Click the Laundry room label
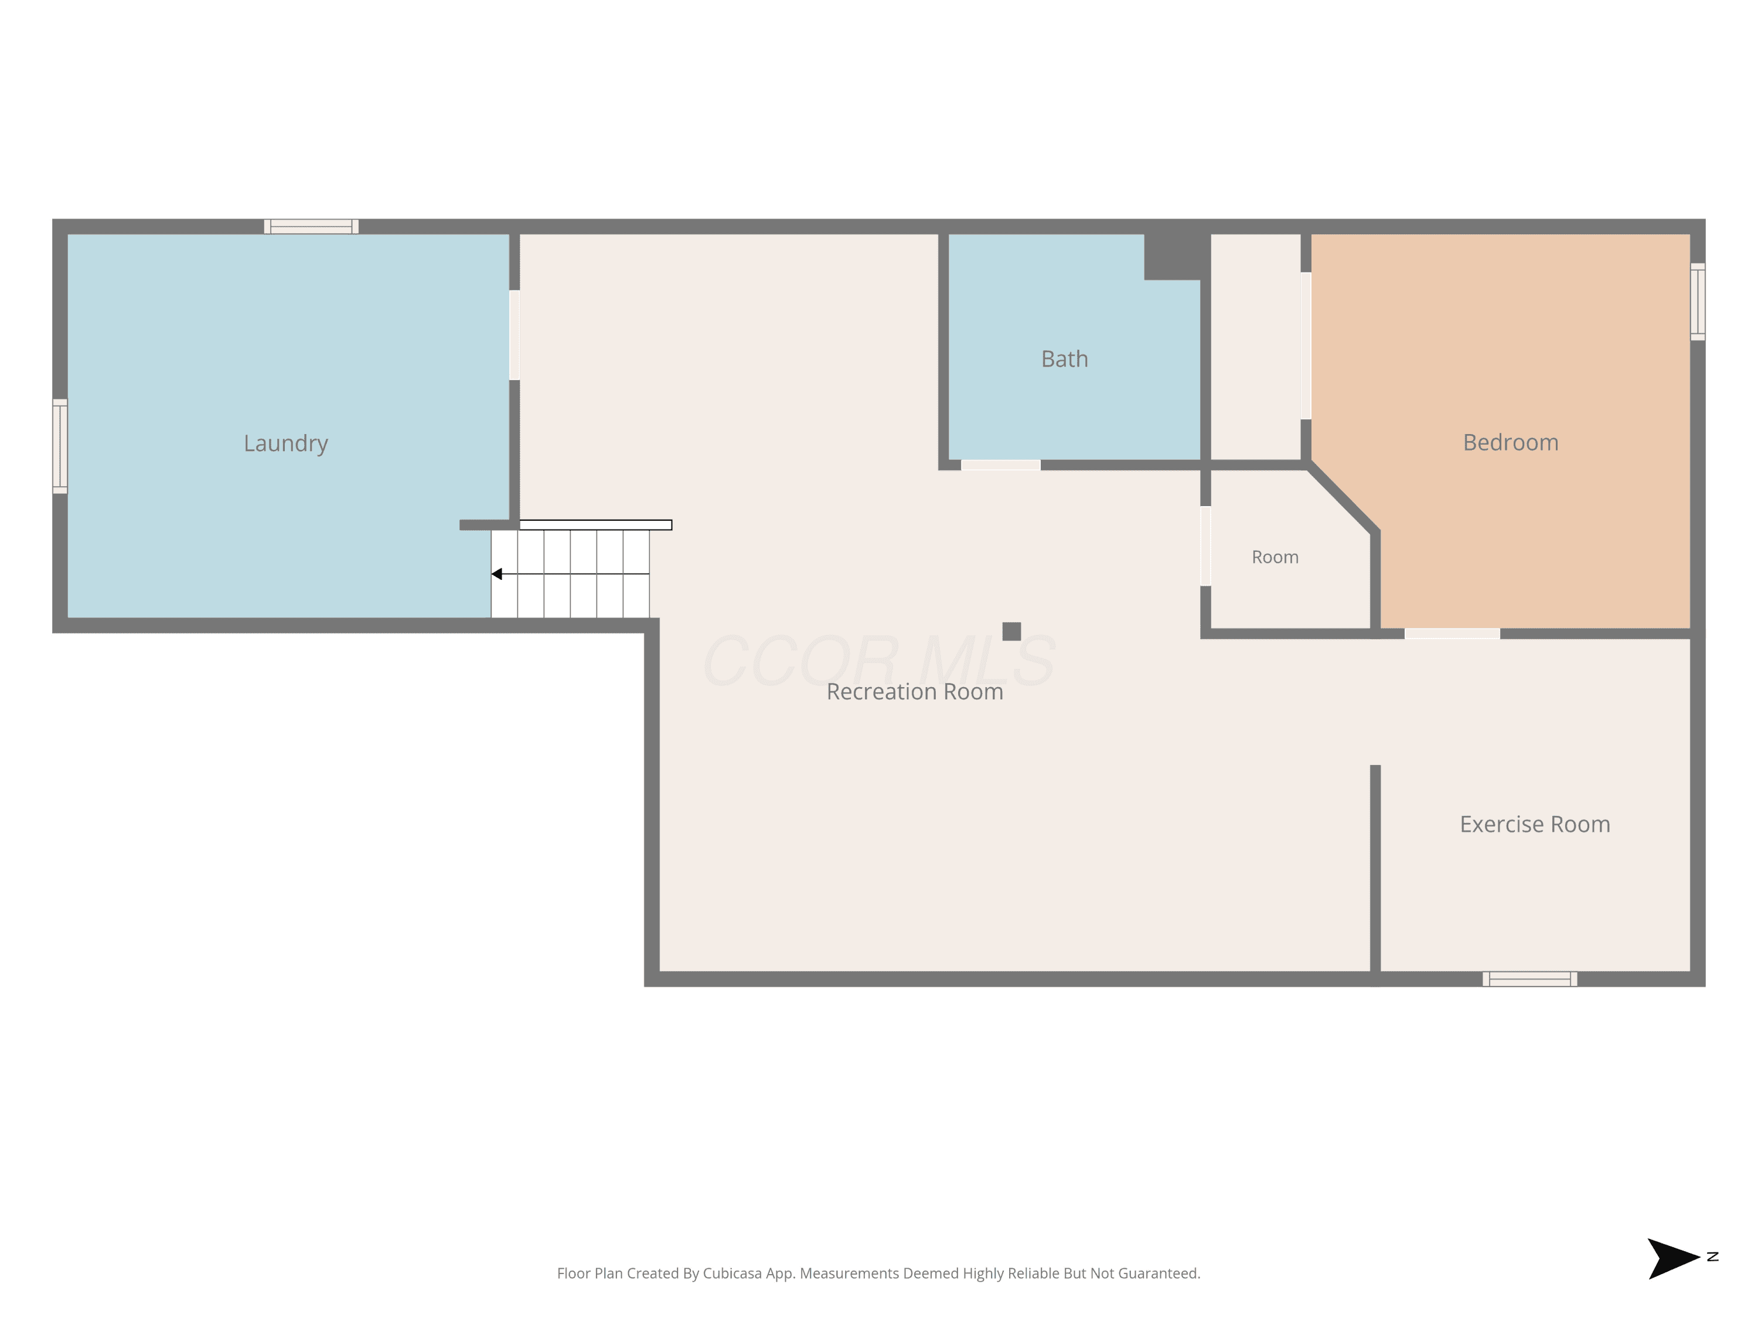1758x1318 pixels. (285, 443)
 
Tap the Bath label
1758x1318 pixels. (1064, 359)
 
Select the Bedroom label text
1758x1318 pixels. (1510, 442)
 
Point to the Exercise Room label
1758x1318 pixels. (1535, 825)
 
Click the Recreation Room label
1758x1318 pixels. (915, 692)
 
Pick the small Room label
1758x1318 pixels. (1275, 557)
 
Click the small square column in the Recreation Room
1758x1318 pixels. (1011, 631)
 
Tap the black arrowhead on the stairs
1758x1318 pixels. (497, 573)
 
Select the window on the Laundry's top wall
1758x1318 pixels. (312, 227)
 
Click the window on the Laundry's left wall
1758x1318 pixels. (60, 446)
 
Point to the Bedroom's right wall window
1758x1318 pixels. (1698, 302)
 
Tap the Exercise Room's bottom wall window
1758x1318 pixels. (1530, 979)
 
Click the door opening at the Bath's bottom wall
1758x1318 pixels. (1001, 465)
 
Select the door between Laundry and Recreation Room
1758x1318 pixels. (514, 334)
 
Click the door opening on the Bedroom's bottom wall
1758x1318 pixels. (1452, 633)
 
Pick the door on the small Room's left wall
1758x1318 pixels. (1205, 546)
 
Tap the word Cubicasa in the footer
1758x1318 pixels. (732, 1273)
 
